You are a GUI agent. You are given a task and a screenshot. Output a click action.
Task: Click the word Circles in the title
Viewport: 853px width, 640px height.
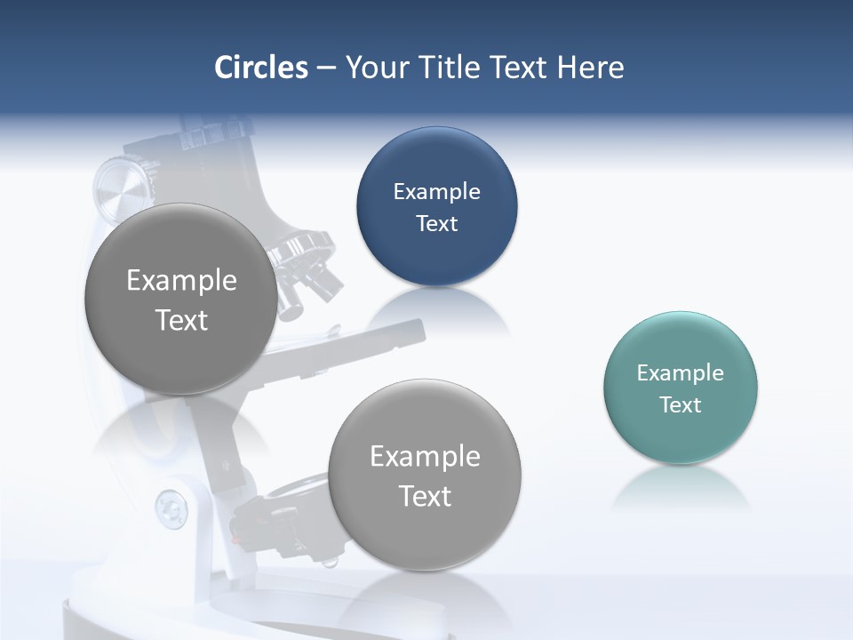point(261,68)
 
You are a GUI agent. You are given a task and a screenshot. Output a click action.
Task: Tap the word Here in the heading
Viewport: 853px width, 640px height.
point(591,68)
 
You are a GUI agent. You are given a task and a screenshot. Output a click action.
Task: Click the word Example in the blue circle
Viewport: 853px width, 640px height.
point(436,192)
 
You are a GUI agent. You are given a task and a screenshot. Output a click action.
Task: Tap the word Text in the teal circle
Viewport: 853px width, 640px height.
point(681,405)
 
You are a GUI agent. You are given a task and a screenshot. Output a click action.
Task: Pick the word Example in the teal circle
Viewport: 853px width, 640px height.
point(681,373)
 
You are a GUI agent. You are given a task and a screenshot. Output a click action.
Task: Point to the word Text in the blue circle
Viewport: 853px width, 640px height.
point(436,224)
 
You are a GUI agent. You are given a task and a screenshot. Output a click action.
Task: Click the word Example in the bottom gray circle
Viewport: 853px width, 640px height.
point(425,457)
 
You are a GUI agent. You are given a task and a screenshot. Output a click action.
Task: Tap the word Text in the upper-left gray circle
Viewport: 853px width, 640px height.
point(181,320)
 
